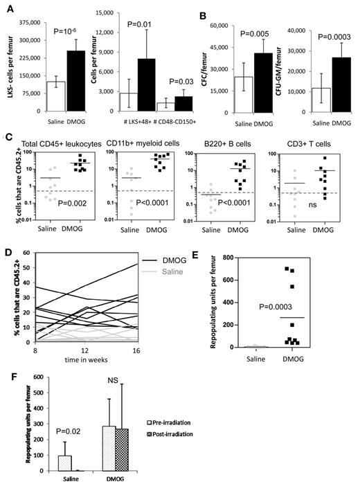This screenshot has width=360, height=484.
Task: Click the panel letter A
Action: coord(6,6)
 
